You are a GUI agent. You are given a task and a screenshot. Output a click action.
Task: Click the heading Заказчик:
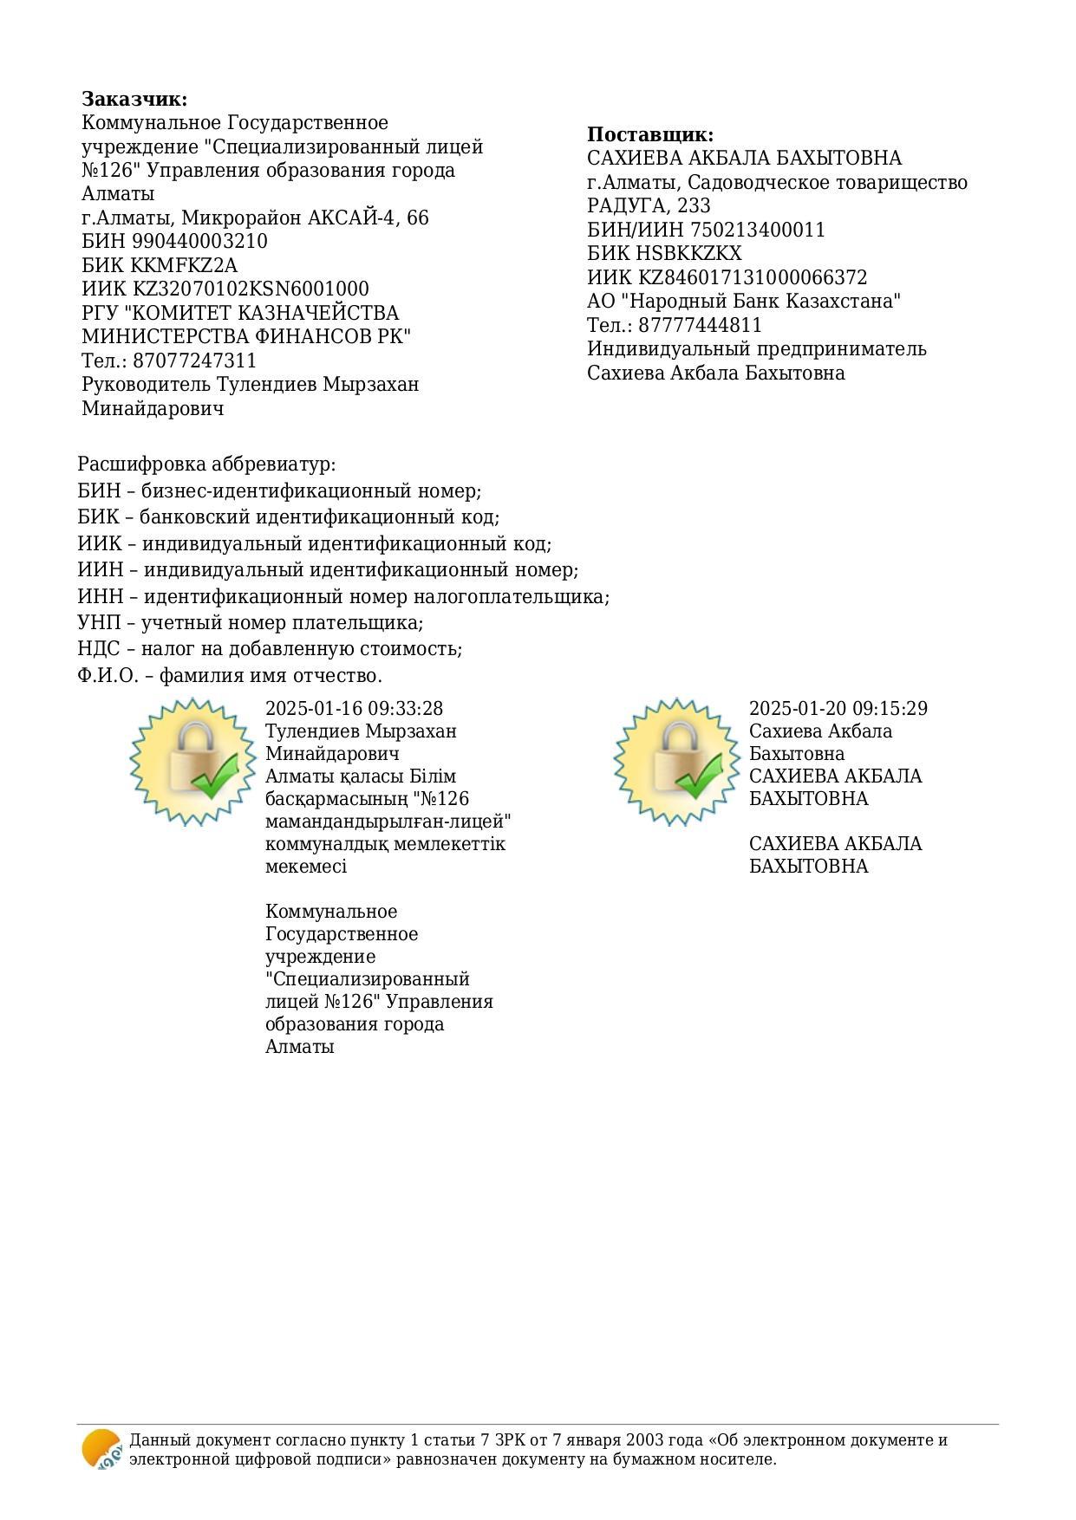(134, 99)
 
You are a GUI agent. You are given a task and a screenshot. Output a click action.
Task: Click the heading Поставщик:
(650, 134)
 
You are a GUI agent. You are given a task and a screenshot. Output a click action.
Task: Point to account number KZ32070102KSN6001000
(250, 289)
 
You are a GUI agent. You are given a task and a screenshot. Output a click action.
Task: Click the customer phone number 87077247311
(194, 361)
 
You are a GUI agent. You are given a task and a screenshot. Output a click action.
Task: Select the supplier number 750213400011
(758, 230)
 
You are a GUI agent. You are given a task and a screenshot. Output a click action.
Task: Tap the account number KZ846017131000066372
(753, 277)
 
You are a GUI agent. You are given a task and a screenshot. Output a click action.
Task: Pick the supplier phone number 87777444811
(700, 325)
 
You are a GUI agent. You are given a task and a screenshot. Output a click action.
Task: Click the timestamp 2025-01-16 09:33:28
(354, 709)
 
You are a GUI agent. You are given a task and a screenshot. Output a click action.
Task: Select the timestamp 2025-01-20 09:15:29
(838, 709)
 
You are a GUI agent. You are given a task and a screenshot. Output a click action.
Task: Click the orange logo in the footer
(101, 1449)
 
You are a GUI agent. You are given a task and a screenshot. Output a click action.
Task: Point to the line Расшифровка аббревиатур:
(206, 464)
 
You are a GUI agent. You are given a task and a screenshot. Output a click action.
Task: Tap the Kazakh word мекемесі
(305, 867)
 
